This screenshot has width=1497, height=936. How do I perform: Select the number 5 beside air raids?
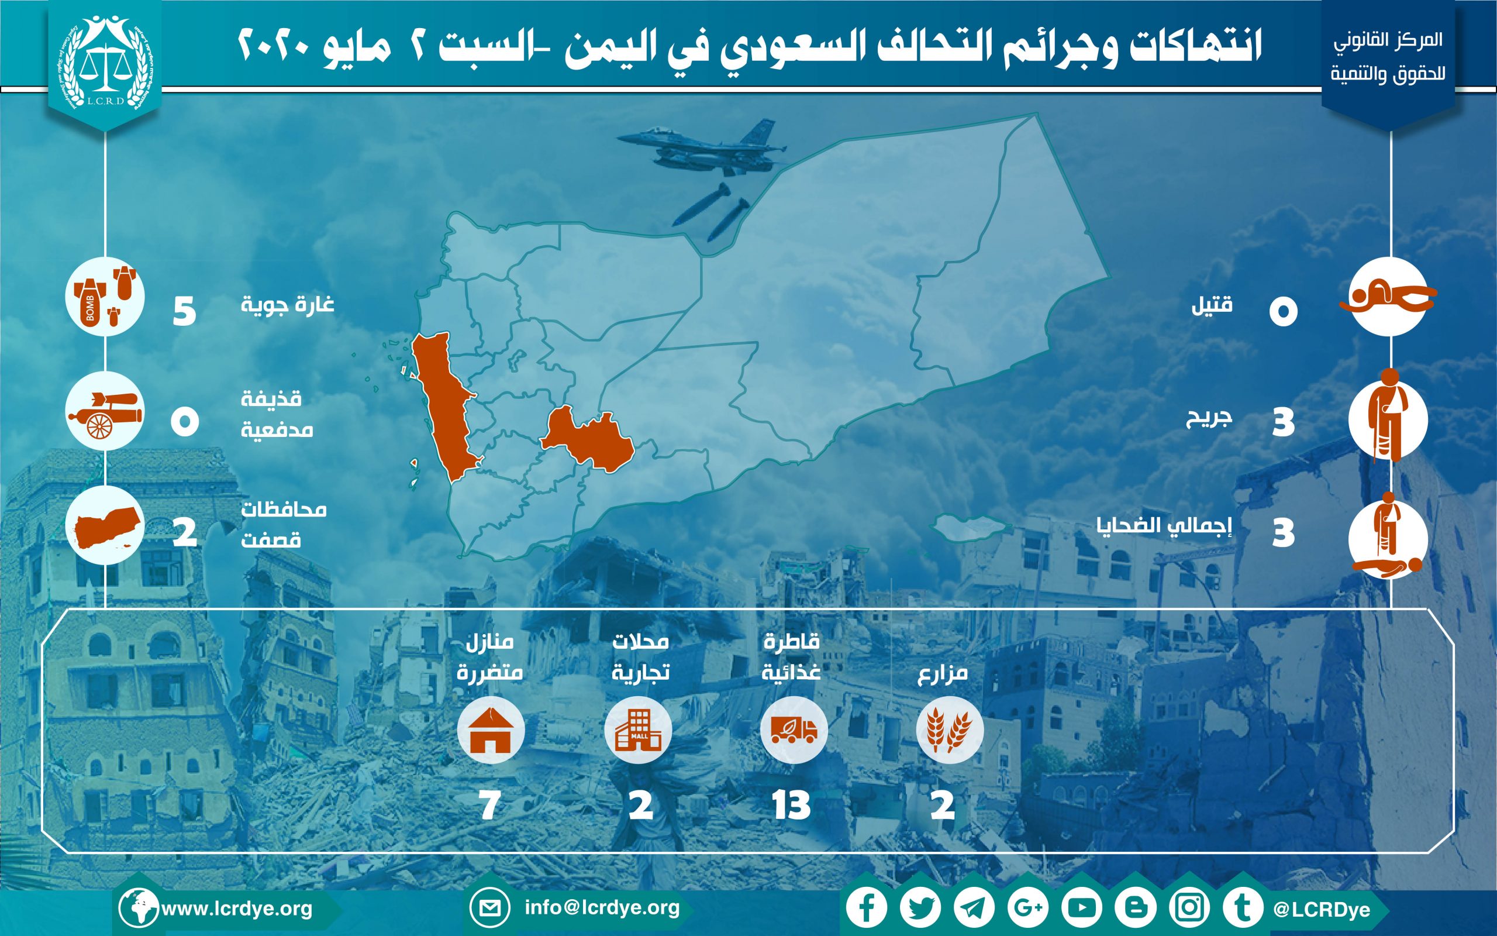point(184,311)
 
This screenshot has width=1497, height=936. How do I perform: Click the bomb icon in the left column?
point(105,297)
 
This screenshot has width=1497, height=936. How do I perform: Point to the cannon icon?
point(105,415)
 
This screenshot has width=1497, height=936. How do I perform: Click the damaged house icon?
point(491,731)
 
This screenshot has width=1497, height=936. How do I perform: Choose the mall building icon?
point(639,731)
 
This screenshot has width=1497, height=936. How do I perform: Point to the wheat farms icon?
point(950,731)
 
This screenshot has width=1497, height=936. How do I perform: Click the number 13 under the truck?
point(791,806)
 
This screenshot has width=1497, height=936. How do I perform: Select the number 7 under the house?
point(489,806)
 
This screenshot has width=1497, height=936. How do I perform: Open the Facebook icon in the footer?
point(867,908)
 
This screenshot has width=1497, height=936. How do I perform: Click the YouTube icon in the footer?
point(1081,908)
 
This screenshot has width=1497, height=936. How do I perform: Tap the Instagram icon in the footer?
point(1189,908)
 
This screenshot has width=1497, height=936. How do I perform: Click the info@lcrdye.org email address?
point(602,907)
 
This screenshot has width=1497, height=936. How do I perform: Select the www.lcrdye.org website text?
point(237,909)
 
